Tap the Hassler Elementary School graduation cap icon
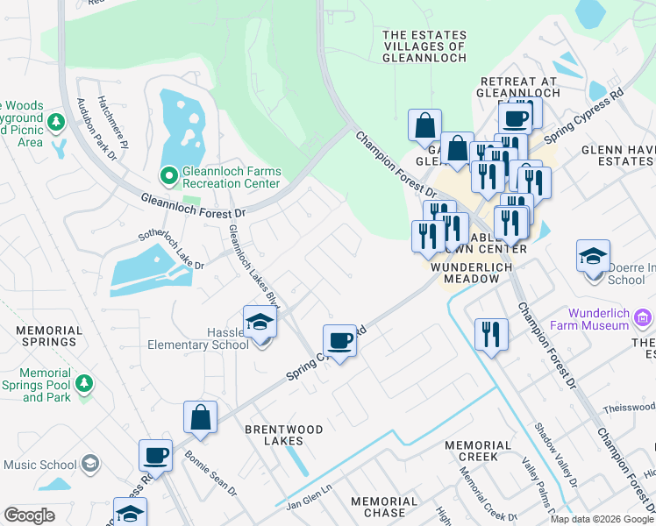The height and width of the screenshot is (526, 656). (x=260, y=324)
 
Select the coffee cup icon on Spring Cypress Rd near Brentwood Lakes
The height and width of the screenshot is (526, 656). (x=339, y=340)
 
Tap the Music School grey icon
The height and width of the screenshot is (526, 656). (x=89, y=463)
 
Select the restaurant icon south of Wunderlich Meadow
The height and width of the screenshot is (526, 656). (x=491, y=334)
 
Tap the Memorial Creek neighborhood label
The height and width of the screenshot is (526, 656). (x=477, y=451)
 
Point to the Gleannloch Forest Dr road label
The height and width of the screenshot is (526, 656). (x=193, y=207)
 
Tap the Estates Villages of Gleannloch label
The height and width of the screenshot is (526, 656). (x=424, y=46)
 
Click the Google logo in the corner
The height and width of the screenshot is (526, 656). (x=30, y=515)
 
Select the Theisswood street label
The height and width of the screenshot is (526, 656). (x=628, y=409)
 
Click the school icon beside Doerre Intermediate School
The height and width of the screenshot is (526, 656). (x=593, y=257)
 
